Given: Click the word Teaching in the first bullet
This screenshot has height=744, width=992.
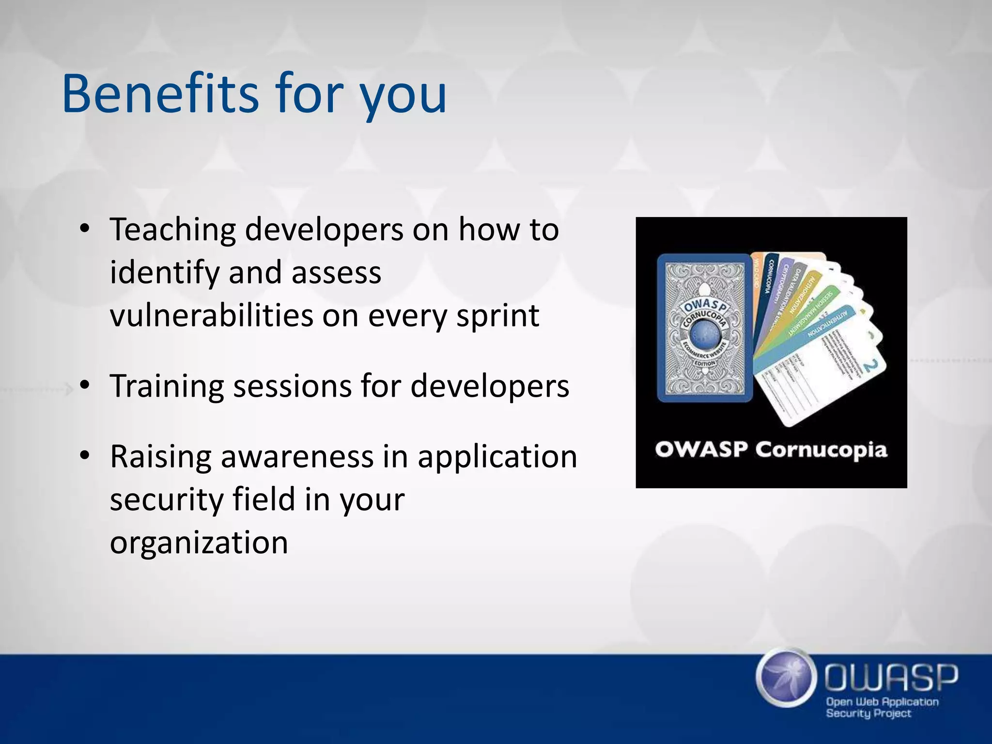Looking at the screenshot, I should click(172, 230).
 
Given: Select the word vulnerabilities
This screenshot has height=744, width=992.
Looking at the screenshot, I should click(211, 315).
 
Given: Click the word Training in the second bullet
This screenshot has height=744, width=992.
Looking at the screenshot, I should click(166, 387).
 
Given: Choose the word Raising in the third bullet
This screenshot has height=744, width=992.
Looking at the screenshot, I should click(160, 457).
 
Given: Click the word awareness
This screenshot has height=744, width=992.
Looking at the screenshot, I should click(297, 457).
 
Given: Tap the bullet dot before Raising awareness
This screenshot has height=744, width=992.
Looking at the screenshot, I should click(85, 456).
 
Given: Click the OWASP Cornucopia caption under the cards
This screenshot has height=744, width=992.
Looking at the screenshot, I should click(771, 450).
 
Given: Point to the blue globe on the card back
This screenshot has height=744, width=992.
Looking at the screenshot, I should click(704, 335).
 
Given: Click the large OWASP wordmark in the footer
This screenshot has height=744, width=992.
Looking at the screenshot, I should click(891, 677).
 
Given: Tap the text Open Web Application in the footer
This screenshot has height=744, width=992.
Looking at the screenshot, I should click(882, 702).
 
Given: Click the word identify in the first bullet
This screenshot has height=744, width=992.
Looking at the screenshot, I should click(165, 273).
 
